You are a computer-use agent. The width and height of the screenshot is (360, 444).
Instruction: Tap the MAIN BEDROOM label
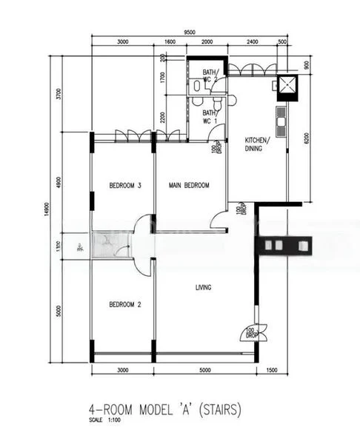[189, 185]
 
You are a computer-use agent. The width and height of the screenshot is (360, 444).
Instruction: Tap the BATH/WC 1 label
[210, 116]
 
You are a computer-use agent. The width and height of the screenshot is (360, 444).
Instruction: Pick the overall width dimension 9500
[190, 33]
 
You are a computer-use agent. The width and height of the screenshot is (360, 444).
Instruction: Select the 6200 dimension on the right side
[305, 138]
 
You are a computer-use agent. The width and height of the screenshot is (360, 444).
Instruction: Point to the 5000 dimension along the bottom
[204, 369]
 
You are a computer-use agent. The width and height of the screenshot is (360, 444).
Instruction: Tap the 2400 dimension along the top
[253, 43]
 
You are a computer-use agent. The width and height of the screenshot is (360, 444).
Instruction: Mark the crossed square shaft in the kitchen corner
[285, 87]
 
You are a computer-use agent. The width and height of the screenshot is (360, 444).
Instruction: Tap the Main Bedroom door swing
[219, 219]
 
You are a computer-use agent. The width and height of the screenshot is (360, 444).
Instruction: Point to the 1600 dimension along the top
[170, 43]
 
